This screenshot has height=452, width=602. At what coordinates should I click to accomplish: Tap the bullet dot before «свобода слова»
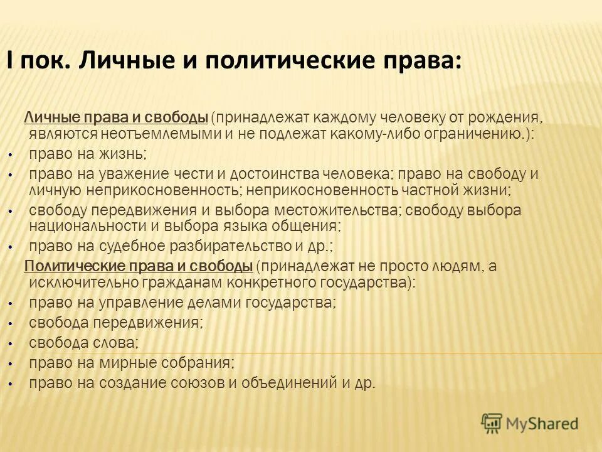[11, 343]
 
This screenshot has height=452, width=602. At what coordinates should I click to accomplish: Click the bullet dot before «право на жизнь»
[11, 154]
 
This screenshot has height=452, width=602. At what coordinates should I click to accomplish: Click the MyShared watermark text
[542, 424]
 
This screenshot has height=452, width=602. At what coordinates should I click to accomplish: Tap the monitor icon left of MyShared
[492, 424]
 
